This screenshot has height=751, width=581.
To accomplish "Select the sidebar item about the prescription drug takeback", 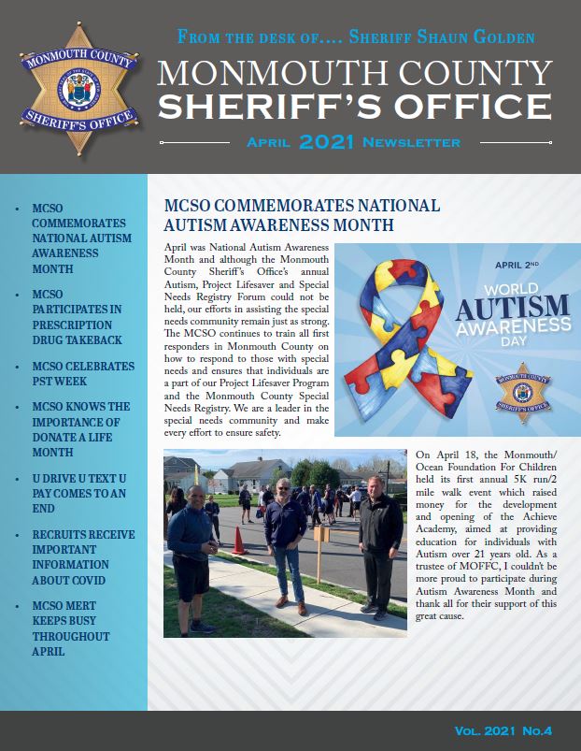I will pyautogui.click(x=78, y=317).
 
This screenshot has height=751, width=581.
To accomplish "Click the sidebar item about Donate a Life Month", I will pyautogui.click(x=80, y=429).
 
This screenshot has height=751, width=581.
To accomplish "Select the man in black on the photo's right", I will pyautogui.click(x=379, y=551).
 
